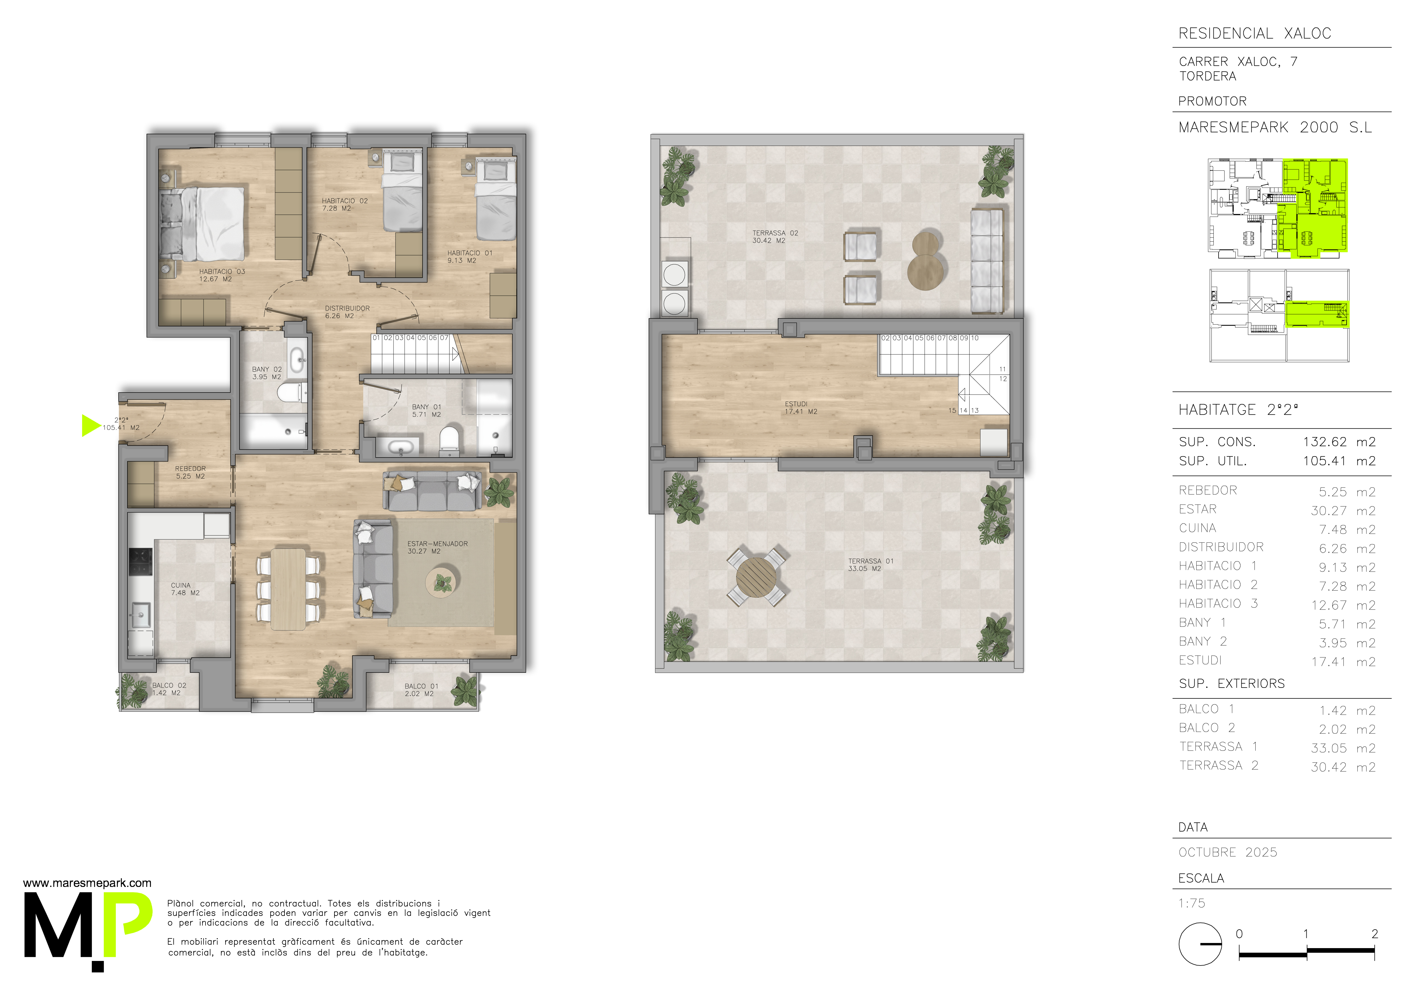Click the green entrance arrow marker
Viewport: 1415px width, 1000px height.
(x=90, y=425)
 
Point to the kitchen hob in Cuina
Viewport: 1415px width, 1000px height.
(x=141, y=561)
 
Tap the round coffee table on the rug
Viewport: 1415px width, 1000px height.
(x=442, y=582)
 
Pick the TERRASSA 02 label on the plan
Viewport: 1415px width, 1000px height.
(x=775, y=237)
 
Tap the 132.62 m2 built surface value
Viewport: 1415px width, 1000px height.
(x=1339, y=442)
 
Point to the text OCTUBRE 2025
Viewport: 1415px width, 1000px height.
(x=1228, y=852)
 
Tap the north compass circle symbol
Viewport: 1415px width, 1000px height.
(x=1200, y=944)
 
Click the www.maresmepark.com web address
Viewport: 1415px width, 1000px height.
(x=87, y=883)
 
